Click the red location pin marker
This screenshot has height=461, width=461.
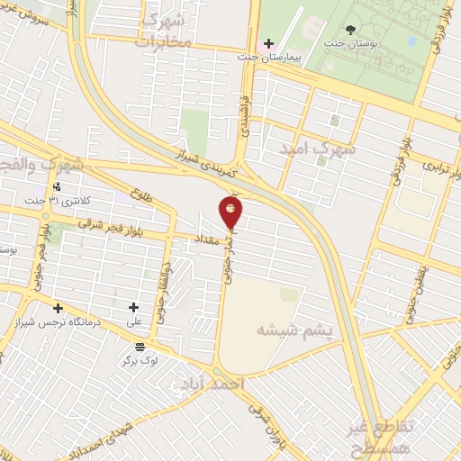(231, 211)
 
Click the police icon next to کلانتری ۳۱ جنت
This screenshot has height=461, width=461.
(58, 187)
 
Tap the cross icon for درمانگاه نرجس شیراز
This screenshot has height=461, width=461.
(59, 308)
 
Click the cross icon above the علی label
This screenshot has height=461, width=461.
(133, 307)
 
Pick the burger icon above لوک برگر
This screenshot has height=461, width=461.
(140, 346)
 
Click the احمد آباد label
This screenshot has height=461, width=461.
(212, 384)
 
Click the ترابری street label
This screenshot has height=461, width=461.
(427, 167)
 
